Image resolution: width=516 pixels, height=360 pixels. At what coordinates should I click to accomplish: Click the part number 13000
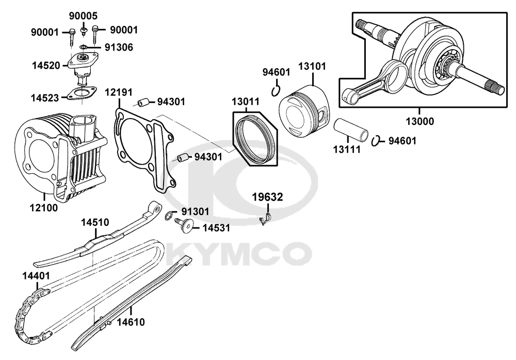point(419,122)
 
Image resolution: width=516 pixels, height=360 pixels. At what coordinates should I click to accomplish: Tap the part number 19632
point(267,197)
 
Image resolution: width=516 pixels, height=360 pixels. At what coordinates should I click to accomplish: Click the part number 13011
point(246,102)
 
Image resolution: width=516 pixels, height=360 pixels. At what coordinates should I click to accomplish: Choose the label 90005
point(83,16)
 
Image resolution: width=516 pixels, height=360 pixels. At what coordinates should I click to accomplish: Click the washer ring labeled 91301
point(169,216)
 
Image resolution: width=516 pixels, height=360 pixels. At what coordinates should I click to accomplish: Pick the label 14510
point(94,222)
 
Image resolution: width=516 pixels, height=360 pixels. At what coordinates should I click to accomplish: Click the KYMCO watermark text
point(240,253)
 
